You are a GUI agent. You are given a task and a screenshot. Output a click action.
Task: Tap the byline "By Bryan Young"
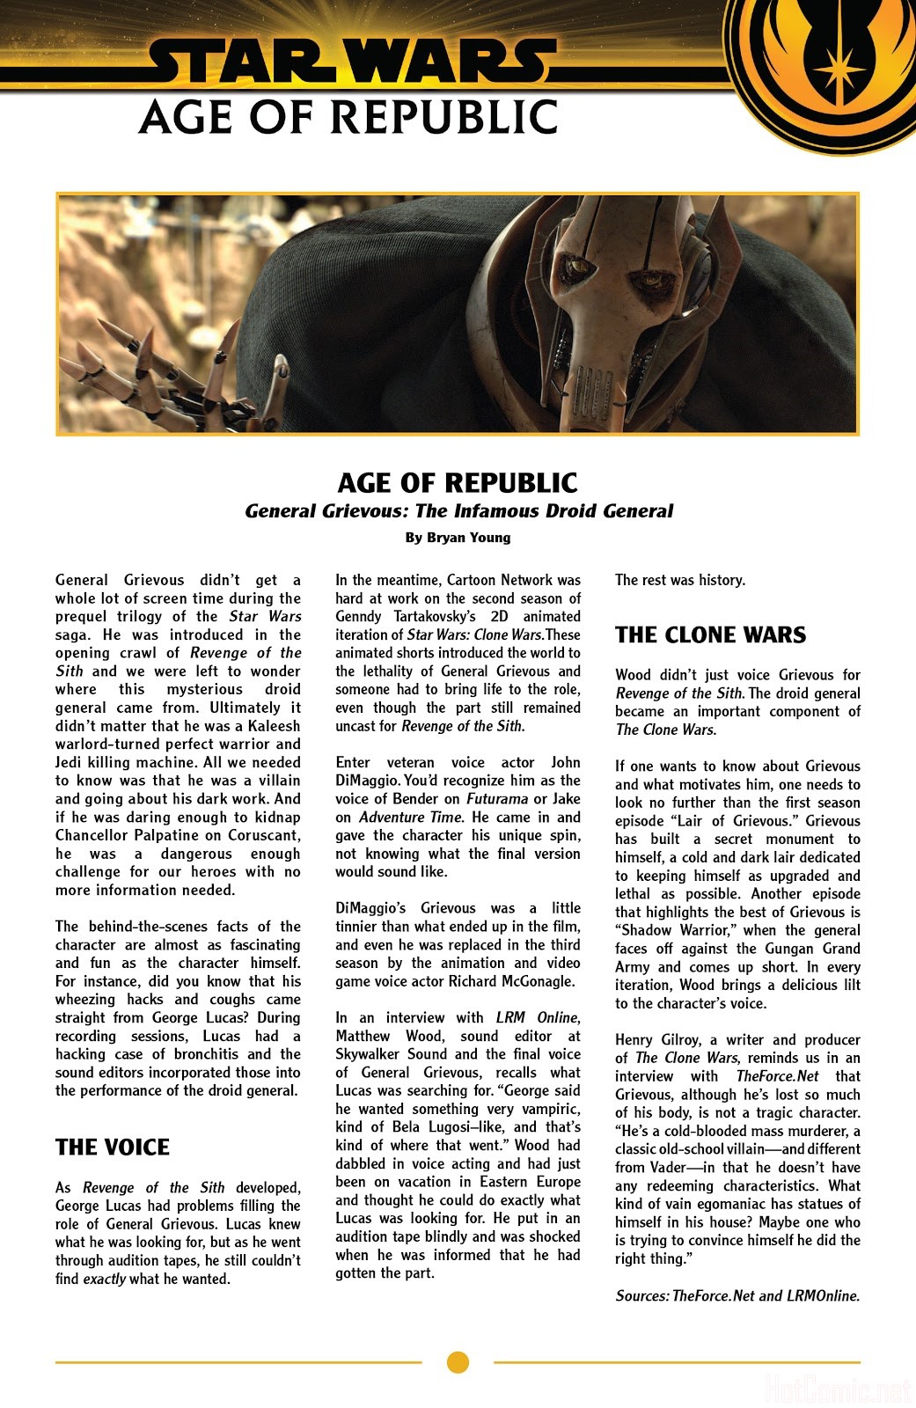click(458, 538)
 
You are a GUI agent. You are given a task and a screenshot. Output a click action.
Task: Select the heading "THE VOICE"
click(113, 1148)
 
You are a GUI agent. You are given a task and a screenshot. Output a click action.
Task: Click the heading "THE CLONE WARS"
click(710, 635)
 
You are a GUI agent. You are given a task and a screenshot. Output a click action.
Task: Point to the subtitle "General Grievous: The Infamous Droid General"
click(458, 511)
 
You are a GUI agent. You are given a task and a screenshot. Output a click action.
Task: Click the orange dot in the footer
click(458, 1362)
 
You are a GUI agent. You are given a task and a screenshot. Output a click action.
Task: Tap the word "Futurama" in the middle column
click(497, 799)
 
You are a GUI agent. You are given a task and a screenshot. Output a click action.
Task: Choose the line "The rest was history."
click(680, 580)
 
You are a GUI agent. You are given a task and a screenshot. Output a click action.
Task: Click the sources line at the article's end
click(737, 1295)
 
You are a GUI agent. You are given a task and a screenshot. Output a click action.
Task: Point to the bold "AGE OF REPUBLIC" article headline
click(458, 483)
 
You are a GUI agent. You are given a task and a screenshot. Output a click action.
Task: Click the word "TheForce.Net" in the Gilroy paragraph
click(777, 1076)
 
